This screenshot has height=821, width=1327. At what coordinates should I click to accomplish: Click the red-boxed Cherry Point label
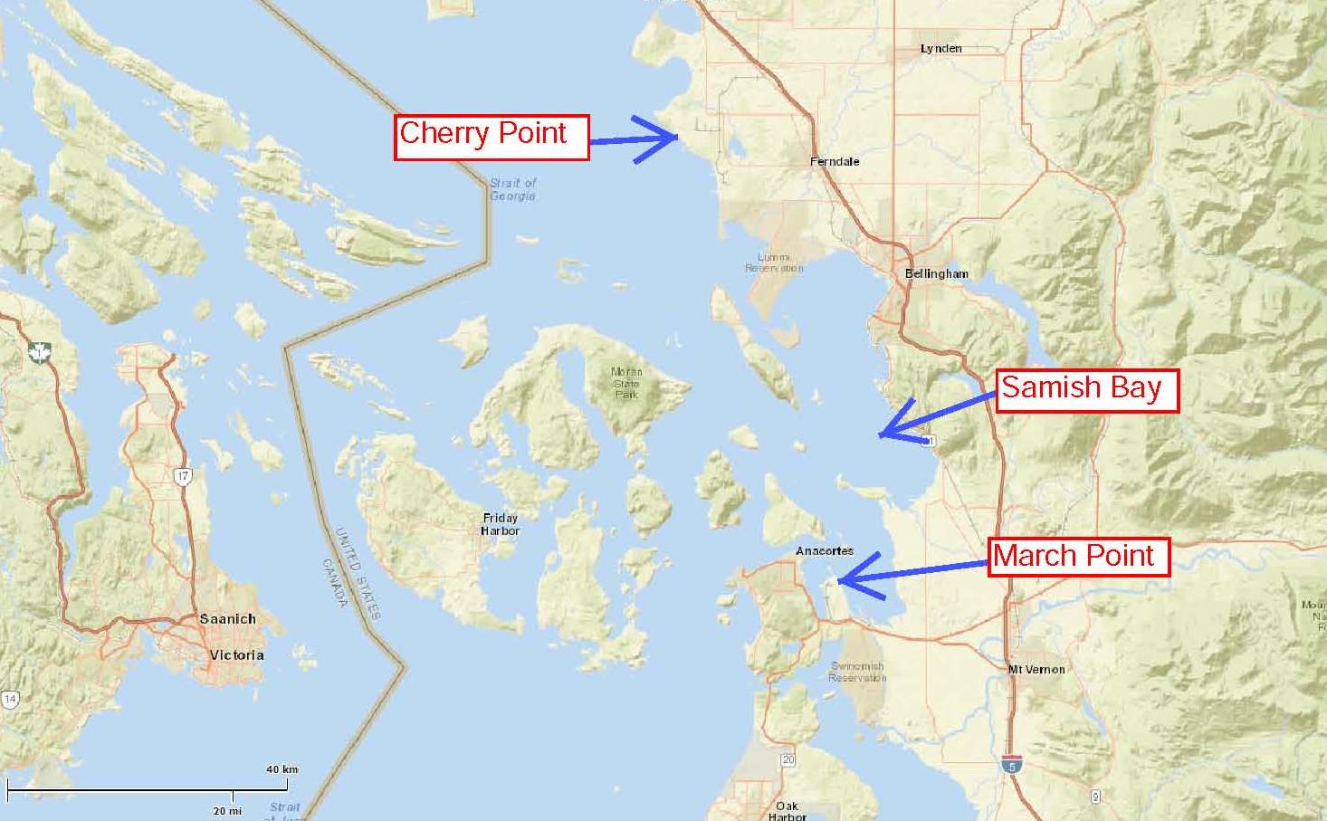coord(492,138)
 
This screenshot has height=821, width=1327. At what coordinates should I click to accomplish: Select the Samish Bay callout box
coord(1087,390)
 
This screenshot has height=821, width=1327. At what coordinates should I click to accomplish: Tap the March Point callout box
coord(1079,557)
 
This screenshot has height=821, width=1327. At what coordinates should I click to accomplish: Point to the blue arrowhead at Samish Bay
coord(884,434)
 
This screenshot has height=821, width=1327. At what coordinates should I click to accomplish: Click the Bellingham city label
coord(936,273)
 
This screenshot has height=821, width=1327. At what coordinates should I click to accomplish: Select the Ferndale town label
coord(835,161)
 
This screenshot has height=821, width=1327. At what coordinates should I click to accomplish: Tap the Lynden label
coord(940,48)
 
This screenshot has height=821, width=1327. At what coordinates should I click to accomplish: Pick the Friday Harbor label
coord(501,524)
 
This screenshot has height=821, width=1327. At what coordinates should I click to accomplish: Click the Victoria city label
coord(236,654)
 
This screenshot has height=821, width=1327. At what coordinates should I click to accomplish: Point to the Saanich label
coord(227,619)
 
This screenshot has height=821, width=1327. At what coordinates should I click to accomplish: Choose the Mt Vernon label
coord(1036,669)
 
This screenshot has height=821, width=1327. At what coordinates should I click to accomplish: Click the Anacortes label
coord(824,550)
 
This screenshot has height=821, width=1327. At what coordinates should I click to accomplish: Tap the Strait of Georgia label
coord(512,189)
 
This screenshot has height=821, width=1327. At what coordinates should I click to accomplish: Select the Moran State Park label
coord(626,383)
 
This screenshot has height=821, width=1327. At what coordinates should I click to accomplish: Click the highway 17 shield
coord(184,475)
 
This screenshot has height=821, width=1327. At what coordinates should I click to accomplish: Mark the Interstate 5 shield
coord(1011,764)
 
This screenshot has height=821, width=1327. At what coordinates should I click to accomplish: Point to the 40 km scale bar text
coord(282,769)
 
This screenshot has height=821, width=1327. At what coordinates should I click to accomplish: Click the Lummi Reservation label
coord(774,263)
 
